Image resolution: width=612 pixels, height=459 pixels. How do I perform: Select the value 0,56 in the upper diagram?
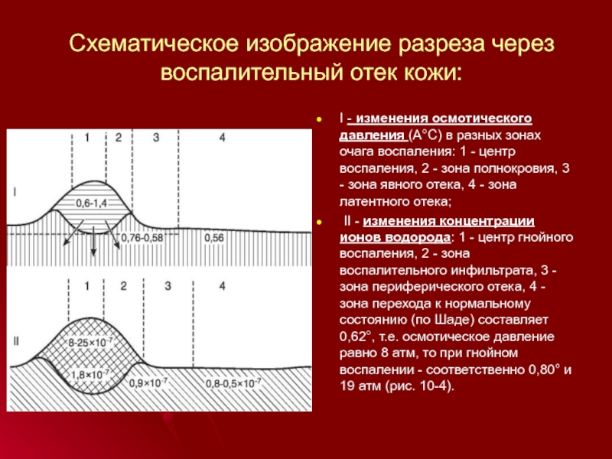click(x=214, y=238)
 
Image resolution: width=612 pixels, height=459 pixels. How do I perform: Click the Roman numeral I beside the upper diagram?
click(x=17, y=193)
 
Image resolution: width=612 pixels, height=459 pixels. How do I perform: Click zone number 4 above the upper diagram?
click(x=222, y=138)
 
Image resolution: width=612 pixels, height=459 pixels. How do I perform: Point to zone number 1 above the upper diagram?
click(x=87, y=138)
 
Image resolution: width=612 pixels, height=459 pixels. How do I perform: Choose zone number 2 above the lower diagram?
click(x=122, y=285)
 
